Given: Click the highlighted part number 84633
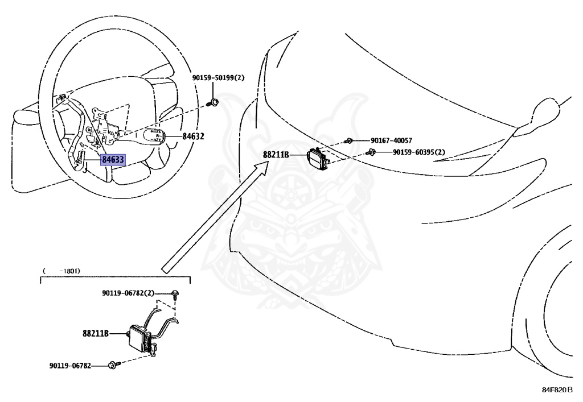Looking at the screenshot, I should [x=113, y=160].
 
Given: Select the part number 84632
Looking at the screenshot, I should [x=194, y=136].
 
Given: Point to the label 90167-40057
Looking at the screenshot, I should [x=391, y=140].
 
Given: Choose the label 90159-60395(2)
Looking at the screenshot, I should [x=418, y=152].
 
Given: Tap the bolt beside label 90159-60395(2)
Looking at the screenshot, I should [x=371, y=152].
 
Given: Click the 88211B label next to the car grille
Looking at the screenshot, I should [x=276, y=154].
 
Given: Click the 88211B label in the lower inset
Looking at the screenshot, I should [x=96, y=334].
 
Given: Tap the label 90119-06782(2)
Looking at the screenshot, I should [x=128, y=293].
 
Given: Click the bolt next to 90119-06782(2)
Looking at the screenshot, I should [x=175, y=294].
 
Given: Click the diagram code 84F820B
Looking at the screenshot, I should [x=557, y=391].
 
